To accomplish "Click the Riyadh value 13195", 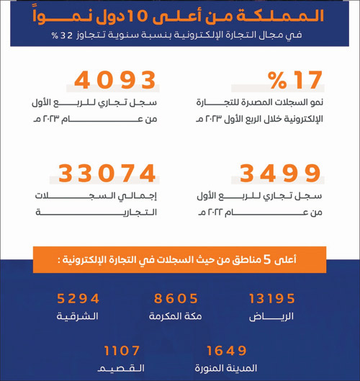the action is (x=271, y=298).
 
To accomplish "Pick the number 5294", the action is (x=78, y=298).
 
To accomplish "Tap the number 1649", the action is (x=227, y=351).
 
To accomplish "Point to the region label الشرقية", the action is (x=78, y=316).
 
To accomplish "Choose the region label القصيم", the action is (x=123, y=368).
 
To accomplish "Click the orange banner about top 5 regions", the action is (x=179, y=260).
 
